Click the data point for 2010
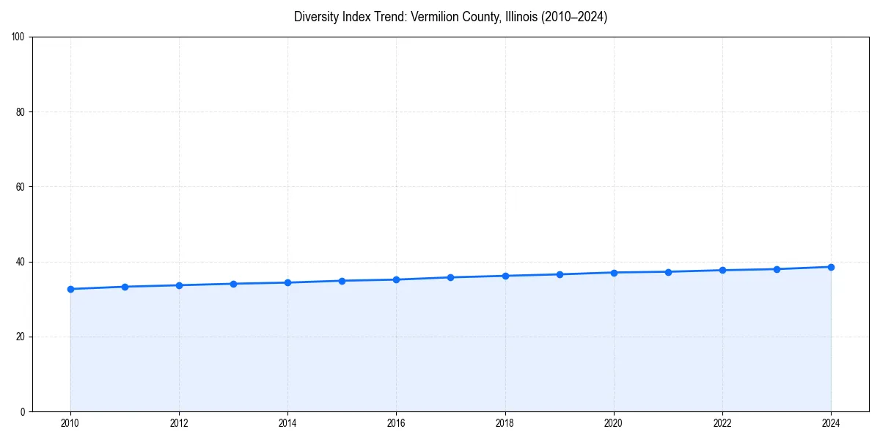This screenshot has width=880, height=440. click(x=70, y=289)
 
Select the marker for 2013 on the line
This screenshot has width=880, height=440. click(x=233, y=284)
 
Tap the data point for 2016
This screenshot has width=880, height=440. click(x=396, y=279)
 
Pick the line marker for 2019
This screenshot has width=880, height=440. click(x=560, y=274)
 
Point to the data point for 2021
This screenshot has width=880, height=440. click(x=668, y=272)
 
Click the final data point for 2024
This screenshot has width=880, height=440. click(x=831, y=267)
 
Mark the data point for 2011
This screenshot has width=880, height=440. click(x=125, y=287)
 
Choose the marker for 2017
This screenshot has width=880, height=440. click(x=450, y=277)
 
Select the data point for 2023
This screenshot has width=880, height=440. click(x=777, y=269)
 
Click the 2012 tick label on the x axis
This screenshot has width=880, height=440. click(x=179, y=423)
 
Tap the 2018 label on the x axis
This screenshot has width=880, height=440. click(x=505, y=423)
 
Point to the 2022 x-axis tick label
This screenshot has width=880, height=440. click(x=722, y=423)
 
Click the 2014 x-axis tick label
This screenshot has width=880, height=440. click(x=287, y=423)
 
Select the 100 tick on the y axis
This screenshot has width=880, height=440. click(x=18, y=37)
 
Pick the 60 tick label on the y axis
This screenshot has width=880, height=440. click(x=21, y=187)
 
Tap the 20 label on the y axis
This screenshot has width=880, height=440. click(x=21, y=337)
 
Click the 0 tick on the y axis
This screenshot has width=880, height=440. click(x=23, y=411)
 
